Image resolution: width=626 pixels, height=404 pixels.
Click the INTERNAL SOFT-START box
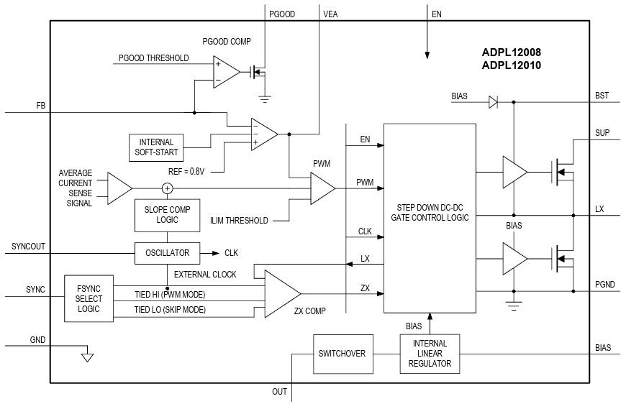(156, 148)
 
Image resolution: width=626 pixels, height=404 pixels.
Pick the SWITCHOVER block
(342, 354)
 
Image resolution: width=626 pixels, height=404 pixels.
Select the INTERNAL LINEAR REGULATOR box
(430, 354)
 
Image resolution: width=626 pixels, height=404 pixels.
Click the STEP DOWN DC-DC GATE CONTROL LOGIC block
(430, 218)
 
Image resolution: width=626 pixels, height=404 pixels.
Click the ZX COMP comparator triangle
(281, 294)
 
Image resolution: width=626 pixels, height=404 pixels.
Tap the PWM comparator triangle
(321, 188)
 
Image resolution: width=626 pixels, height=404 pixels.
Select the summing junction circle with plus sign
(167, 188)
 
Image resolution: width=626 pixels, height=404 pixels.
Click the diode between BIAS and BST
(493, 102)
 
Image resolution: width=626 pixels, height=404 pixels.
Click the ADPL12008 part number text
(512, 52)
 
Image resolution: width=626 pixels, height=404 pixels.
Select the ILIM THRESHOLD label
(240, 220)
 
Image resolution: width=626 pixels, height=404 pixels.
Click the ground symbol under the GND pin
(87, 356)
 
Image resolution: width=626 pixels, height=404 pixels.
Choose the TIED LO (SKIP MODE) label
(170, 310)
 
